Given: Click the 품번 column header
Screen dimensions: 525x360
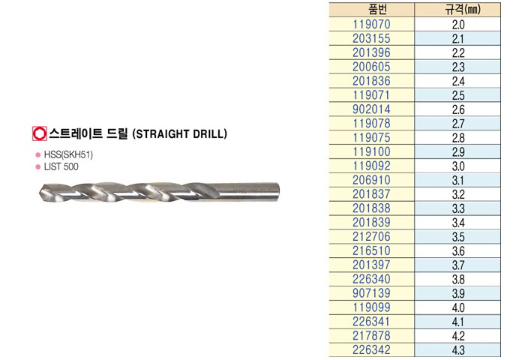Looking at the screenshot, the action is point(377,10).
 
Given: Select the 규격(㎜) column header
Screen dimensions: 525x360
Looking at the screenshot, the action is point(463,10).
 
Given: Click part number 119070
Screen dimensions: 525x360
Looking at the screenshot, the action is point(372,24).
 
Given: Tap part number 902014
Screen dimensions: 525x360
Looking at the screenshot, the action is point(372,109).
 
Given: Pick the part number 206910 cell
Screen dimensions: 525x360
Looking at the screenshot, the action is point(372,180).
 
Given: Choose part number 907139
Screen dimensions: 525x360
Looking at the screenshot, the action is point(372,293).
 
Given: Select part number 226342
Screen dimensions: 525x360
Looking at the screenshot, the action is point(372,349).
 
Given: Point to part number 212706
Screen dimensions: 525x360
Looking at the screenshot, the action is point(372,236).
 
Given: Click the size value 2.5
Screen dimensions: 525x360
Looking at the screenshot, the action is point(458,95).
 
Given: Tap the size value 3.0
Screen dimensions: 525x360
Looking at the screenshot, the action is point(458,166).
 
